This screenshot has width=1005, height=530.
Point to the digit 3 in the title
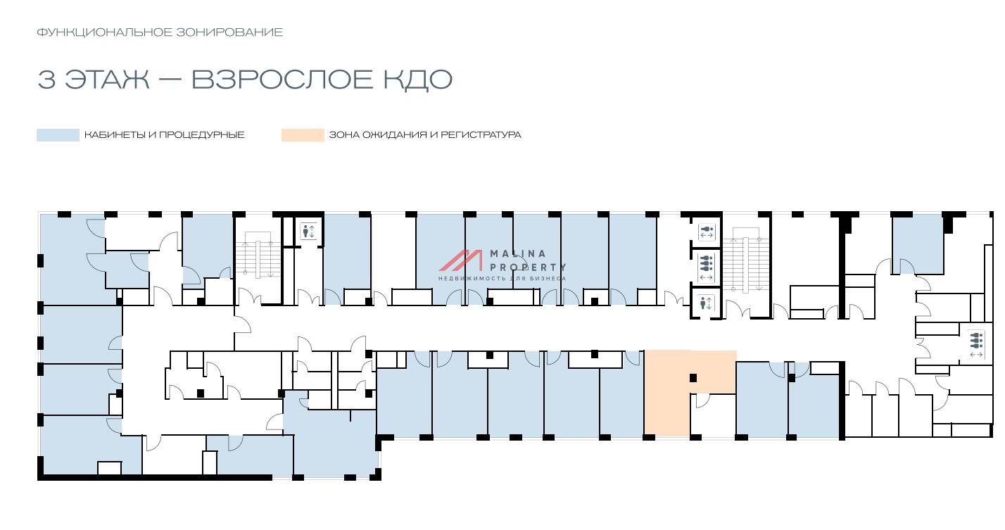pos(46,80)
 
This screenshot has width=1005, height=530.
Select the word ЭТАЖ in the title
pos(107,80)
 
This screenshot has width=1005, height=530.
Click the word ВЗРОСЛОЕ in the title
pos(282,80)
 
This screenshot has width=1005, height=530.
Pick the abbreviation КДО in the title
pos(417,80)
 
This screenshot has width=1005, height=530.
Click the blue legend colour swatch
pos(58,135)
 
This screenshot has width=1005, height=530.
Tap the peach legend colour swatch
pos(303,135)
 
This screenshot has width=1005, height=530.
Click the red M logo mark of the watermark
pos(460,260)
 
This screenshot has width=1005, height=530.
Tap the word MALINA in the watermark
pos(518,253)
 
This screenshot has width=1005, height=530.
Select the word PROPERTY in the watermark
pos(528,267)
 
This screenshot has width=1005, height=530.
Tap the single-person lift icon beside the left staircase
pos(309,232)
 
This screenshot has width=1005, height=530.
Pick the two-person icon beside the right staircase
pos(707,232)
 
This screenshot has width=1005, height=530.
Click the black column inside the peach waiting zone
pos(693,378)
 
